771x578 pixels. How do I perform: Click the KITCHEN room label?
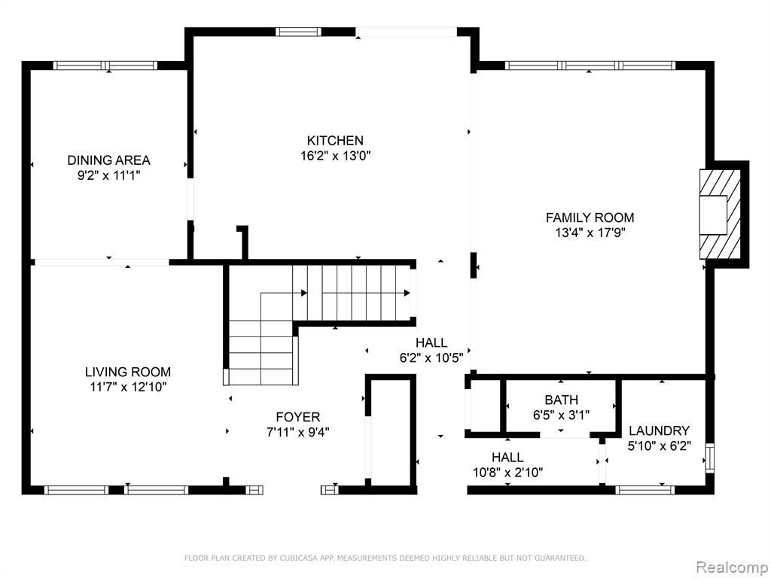tap(335, 141)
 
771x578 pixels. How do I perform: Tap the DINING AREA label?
tap(108, 160)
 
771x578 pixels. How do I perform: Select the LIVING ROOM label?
tap(128, 372)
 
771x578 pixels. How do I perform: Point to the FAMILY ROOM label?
tap(590, 218)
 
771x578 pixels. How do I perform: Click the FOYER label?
tap(298, 417)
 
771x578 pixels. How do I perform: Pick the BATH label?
tap(562, 400)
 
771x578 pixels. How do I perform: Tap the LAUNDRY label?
tap(660, 431)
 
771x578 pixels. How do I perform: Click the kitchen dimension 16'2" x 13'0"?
tap(335, 157)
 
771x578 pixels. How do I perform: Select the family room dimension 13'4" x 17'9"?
tap(590, 233)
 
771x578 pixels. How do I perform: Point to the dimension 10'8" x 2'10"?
tap(508, 473)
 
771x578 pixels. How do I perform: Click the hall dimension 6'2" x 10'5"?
tap(431, 357)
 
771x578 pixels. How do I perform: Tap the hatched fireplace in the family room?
tap(721, 214)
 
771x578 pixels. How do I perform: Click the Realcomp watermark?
tap(732, 567)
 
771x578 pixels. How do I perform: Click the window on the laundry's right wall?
tap(709, 458)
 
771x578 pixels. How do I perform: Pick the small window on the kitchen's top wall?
tap(298, 32)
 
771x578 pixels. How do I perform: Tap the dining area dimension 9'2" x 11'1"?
tap(108, 175)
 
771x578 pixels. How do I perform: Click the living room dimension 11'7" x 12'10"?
tap(128, 388)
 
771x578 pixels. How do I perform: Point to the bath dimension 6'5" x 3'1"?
tap(562, 415)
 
